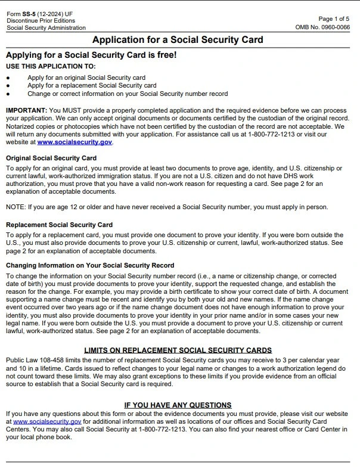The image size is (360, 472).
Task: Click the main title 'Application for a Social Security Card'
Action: (178, 41)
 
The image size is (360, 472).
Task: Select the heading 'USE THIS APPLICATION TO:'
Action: (51, 66)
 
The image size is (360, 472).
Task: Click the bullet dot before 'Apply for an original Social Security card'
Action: (8, 78)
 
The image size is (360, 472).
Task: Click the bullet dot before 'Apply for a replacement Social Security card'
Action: (8, 86)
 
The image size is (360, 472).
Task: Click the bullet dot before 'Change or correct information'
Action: (8, 94)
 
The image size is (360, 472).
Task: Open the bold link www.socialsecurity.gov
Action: (75, 142)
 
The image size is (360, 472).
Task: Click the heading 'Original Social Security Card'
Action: (51, 159)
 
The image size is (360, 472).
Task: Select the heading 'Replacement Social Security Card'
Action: (59, 225)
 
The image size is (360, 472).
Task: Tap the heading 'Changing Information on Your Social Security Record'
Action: (90, 265)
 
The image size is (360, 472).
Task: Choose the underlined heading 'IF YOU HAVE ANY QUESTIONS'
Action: (178, 405)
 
